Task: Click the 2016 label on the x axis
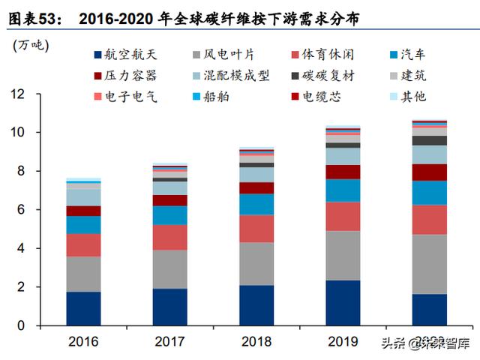point(82,342)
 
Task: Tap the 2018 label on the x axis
point(256,342)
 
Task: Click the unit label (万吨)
point(31,45)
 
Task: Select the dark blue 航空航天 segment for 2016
point(83,308)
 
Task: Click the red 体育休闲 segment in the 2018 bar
point(256,229)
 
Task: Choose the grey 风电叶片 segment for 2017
point(169,269)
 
